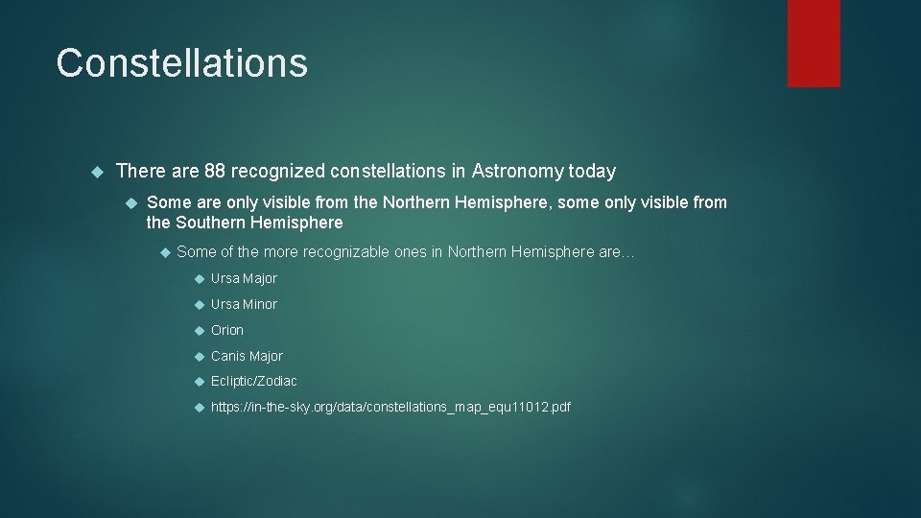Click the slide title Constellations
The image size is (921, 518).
click(x=181, y=63)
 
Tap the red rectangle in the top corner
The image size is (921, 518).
click(x=814, y=43)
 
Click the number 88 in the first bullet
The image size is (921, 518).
click(x=216, y=172)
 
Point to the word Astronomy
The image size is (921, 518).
click(x=517, y=172)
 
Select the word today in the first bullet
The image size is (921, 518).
click(x=592, y=172)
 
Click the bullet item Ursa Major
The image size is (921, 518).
click(x=244, y=279)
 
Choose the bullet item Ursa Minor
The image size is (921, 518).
click(x=244, y=304)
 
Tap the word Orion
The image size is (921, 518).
click(x=227, y=330)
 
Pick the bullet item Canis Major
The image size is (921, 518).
click(x=247, y=356)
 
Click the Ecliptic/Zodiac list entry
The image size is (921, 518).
click(x=254, y=381)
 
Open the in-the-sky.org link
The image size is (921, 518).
click(x=390, y=407)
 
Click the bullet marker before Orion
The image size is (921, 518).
click(x=200, y=330)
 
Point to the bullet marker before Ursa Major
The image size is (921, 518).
click(x=200, y=279)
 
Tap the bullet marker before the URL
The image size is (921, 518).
click(x=200, y=407)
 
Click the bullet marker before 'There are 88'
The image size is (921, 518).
click(x=95, y=172)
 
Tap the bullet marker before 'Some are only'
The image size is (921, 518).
click(x=133, y=202)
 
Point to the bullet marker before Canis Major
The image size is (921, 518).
click(x=200, y=356)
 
